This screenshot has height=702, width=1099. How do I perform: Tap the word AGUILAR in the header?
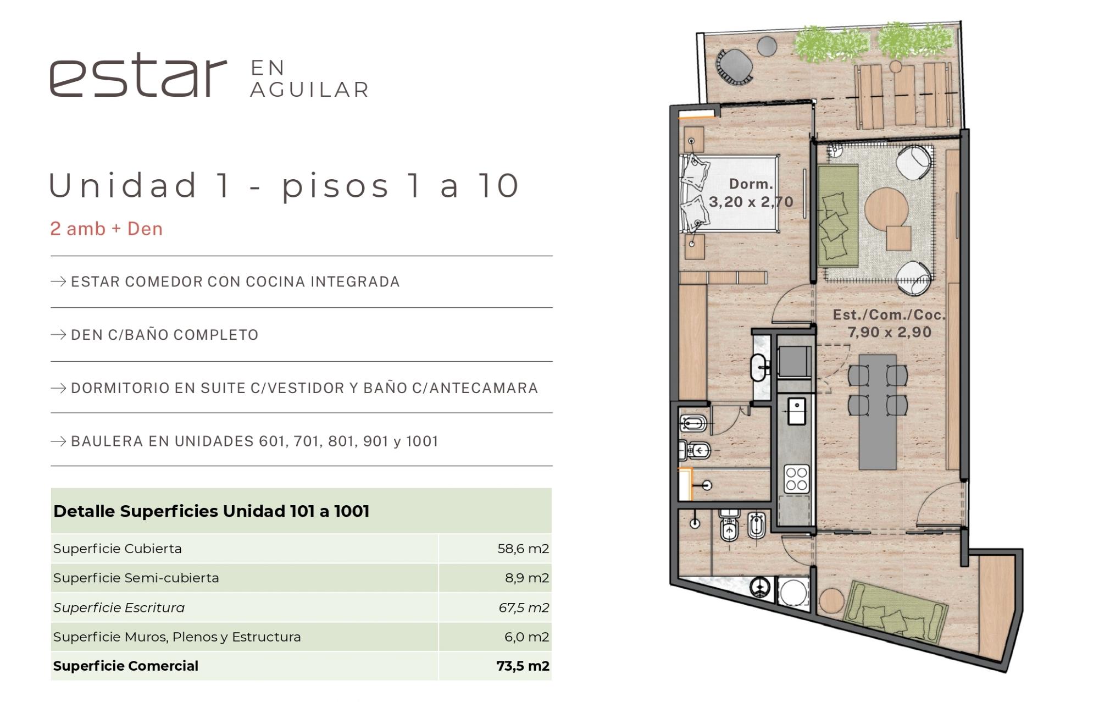(x=309, y=90)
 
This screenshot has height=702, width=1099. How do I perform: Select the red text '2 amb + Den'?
(x=107, y=229)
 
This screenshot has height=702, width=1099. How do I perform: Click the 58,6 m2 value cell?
(x=523, y=549)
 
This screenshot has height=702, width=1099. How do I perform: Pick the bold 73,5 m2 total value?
(x=523, y=666)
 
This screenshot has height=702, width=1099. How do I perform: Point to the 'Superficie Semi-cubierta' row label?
(x=136, y=578)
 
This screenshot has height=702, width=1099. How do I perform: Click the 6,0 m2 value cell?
(x=526, y=637)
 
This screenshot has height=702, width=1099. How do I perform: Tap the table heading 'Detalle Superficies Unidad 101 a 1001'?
(x=212, y=511)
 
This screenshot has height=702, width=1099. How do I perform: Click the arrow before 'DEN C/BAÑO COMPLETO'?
(x=58, y=335)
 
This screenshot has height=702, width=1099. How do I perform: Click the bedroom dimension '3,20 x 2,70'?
(x=751, y=202)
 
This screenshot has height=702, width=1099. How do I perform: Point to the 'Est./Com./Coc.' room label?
(x=889, y=314)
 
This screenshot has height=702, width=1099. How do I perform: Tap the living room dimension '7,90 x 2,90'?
(x=889, y=332)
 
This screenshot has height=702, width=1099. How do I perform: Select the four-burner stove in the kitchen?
(x=796, y=478)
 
